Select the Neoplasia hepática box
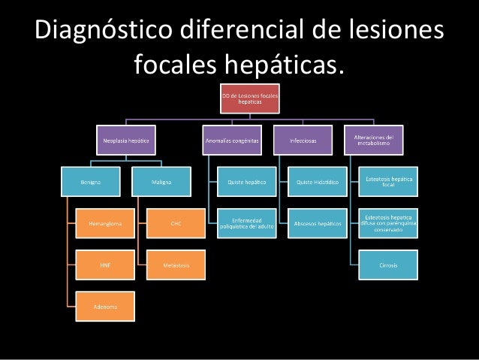tap(125, 140)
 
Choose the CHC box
tap(176, 223)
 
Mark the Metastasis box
tap(176, 265)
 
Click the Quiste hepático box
tap(246, 181)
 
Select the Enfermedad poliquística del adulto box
tap(246, 223)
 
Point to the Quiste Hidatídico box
tap(316, 181)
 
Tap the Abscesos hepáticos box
tap(316, 223)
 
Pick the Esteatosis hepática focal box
tap(388, 181)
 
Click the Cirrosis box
tap(388, 265)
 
